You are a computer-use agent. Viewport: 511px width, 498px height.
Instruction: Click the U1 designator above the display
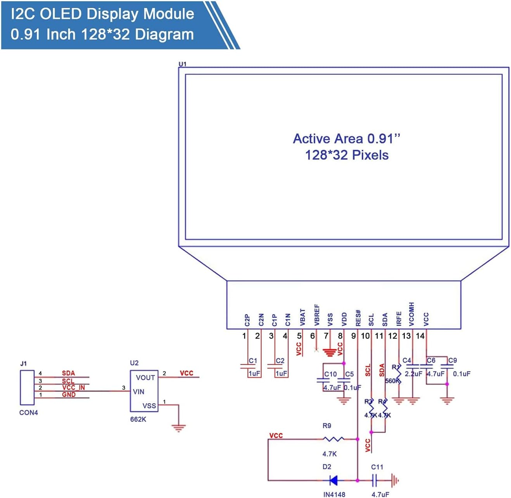tap(182, 64)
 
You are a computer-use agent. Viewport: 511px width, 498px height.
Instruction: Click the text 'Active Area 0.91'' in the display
tap(346, 138)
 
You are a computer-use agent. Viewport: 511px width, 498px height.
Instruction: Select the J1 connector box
tap(27, 387)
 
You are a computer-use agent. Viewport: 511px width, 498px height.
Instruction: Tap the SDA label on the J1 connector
tap(68, 373)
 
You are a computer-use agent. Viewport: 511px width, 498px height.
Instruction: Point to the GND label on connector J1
tap(69, 394)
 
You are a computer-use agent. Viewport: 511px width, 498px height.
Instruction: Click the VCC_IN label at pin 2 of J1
tap(73, 387)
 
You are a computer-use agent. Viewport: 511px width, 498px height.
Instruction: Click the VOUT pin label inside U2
tap(145, 377)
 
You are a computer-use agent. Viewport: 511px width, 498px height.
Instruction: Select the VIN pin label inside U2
tap(138, 392)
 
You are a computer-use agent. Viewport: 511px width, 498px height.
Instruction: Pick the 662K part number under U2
tap(138, 419)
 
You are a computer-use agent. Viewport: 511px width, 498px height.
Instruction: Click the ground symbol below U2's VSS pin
tap(178, 428)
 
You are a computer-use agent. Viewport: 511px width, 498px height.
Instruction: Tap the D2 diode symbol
tap(333, 481)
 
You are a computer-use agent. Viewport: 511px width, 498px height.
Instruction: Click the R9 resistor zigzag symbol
tap(333, 439)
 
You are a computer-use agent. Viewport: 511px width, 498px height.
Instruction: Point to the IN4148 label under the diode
tap(334, 495)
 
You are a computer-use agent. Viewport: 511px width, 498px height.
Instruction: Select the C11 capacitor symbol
tap(375, 481)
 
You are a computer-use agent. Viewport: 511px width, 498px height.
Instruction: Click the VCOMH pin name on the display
tap(411, 314)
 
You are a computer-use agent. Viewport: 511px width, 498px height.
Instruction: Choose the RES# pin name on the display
tap(358, 318)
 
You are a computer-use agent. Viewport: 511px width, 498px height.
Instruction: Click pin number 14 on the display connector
tap(420, 336)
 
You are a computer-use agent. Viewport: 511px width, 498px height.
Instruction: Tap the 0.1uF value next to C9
tap(461, 374)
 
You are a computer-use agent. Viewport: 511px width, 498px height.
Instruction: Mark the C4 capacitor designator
tap(406, 360)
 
